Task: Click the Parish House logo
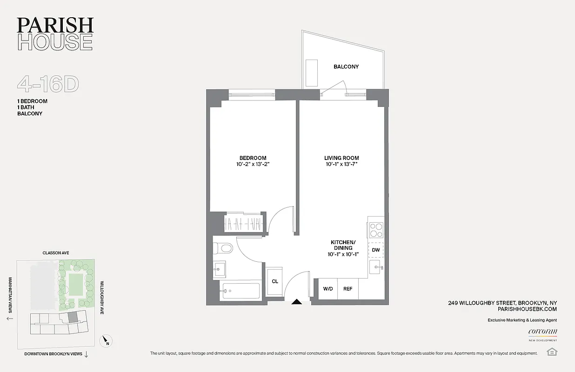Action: (x=55, y=33)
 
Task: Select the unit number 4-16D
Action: (x=48, y=84)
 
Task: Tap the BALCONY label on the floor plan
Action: (x=346, y=66)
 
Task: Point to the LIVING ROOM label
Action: (x=341, y=158)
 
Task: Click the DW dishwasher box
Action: (x=376, y=250)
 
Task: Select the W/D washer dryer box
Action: (x=328, y=289)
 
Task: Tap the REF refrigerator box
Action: (x=348, y=289)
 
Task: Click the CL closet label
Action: (x=275, y=281)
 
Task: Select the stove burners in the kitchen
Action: (x=376, y=230)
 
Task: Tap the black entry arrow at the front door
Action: (x=296, y=302)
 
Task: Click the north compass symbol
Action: (x=107, y=341)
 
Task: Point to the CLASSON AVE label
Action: (x=55, y=253)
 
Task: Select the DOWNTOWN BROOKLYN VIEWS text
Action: (x=53, y=354)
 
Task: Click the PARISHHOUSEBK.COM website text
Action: (x=527, y=309)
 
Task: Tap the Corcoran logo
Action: (x=542, y=332)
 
